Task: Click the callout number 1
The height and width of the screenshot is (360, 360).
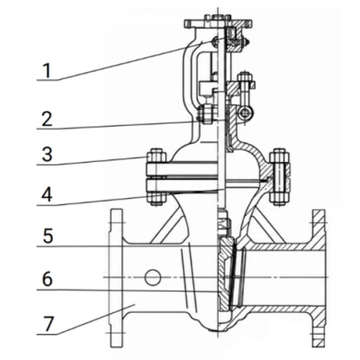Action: click(47, 71)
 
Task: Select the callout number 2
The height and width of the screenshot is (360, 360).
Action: click(47, 119)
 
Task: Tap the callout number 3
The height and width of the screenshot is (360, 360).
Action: click(47, 155)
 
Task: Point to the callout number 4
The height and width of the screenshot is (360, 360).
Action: click(47, 194)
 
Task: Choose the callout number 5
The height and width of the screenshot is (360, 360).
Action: click(48, 236)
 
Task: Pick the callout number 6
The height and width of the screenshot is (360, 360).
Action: click(47, 279)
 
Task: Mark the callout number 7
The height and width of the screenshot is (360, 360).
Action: click(48, 324)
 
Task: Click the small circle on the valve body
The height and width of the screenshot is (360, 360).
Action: click(153, 277)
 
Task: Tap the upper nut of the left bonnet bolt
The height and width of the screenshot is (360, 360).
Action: click(156, 157)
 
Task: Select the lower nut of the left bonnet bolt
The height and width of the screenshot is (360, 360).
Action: click(156, 198)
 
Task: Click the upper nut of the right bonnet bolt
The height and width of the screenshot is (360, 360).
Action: click(279, 157)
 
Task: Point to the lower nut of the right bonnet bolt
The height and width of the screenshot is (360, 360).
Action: click(279, 196)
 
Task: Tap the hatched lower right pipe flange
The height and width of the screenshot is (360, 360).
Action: click(319, 326)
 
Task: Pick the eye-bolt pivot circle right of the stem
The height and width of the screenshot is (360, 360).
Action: click(247, 113)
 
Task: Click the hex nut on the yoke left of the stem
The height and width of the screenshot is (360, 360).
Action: click(205, 113)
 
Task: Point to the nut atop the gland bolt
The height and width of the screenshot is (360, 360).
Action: click(246, 76)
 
